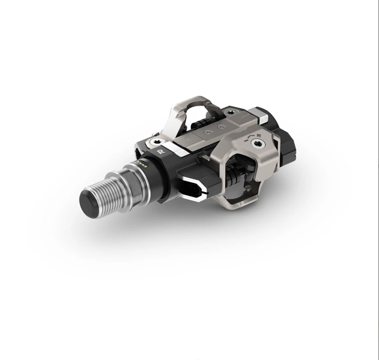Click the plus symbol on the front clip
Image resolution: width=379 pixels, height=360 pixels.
tap(259, 135)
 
